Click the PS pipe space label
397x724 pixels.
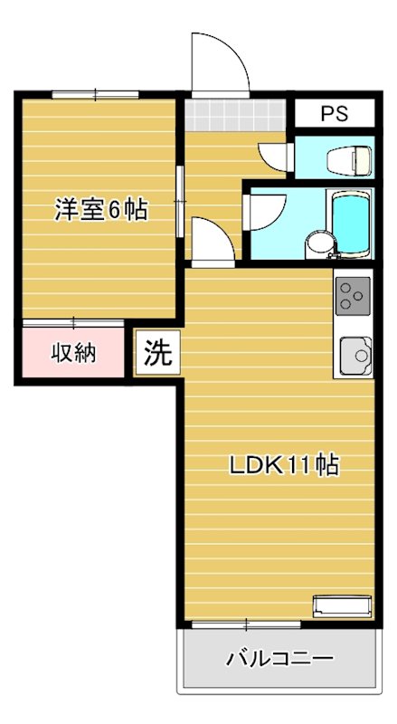point(335,115)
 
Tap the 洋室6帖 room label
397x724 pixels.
point(101,210)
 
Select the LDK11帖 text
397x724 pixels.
point(283,466)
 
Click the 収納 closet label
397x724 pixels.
point(72,353)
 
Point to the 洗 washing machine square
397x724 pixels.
point(157,351)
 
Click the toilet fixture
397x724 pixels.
point(350,159)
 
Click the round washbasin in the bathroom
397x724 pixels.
point(317,243)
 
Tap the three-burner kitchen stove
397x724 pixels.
point(353,296)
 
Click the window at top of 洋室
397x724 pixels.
point(95,93)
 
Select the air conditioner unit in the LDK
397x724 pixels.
point(342,605)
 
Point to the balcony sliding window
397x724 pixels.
point(246,624)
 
